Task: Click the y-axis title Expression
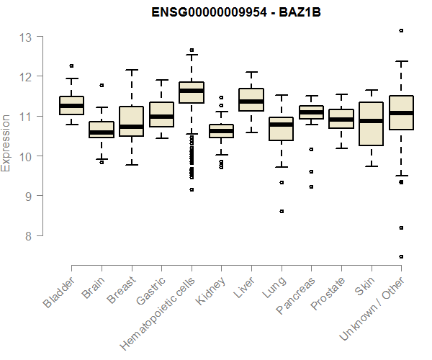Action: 6,142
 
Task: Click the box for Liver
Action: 251,99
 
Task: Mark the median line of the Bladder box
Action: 71,106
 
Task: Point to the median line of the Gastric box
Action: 161,117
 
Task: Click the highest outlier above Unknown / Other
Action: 401,31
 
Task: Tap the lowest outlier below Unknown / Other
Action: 401,256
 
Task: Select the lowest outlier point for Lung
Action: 282,211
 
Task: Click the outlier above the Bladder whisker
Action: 71,66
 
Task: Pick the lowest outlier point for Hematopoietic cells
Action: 192,189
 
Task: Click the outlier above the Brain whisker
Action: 102,85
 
